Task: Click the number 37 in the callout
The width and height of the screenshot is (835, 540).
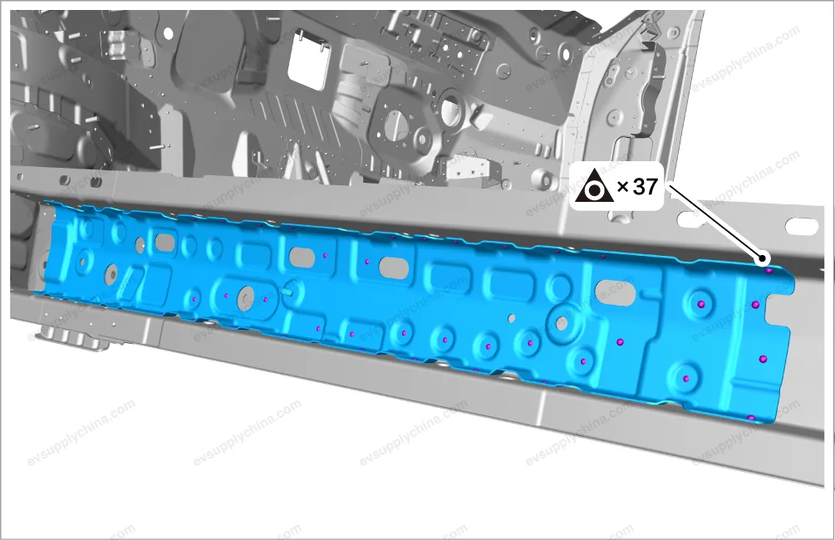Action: pos(646,186)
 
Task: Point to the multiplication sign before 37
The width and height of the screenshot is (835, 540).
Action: pos(622,187)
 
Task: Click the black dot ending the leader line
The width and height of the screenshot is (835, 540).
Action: pos(763,259)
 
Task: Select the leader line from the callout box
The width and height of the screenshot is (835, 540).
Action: pos(715,222)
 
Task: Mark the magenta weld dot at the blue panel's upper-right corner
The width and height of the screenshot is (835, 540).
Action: pos(769,271)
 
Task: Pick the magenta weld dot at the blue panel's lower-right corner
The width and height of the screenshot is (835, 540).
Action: pos(751,418)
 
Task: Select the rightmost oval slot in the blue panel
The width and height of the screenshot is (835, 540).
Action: pos(616,292)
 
